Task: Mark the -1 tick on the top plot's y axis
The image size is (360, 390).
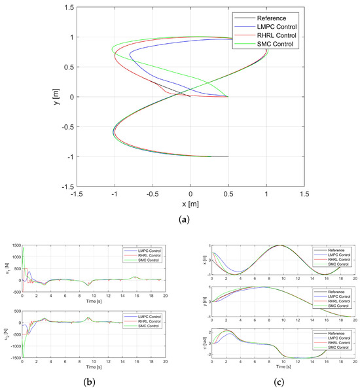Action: (x=67, y=156)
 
